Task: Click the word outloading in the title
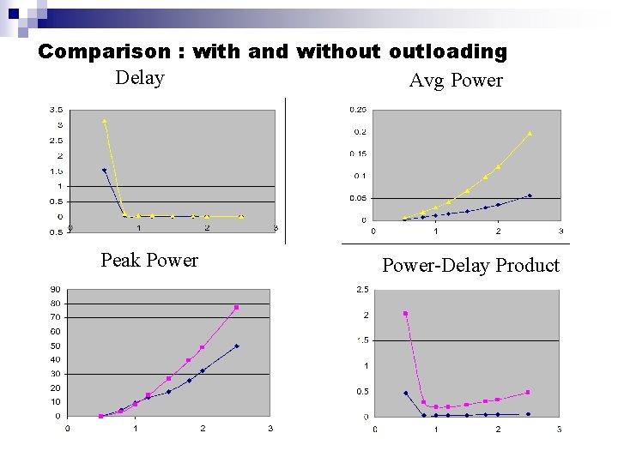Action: tap(447, 51)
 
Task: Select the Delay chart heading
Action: tap(140, 78)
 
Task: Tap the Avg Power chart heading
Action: tap(456, 81)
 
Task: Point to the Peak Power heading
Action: tap(149, 261)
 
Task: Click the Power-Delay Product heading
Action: tap(470, 266)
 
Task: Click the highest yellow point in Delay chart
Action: tap(104, 121)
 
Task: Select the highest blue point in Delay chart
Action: tap(104, 170)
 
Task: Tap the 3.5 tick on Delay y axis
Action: tap(55, 110)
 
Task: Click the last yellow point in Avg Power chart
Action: tap(530, 133)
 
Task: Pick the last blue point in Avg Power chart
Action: tap(530, 195)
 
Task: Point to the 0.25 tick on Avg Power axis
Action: tap(358, 110)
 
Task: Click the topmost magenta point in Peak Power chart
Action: tap(236, 307)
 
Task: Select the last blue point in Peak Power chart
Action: tap(236, 346)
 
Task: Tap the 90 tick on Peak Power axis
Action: tap(55, 289)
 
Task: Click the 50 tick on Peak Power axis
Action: tap(55, 346)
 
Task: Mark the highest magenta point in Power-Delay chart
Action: tap(405, 313)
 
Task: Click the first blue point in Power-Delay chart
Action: tap(405, 393)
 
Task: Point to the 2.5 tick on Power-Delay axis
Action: tap(363, 290)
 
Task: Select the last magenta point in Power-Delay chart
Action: tap(528, 392)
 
